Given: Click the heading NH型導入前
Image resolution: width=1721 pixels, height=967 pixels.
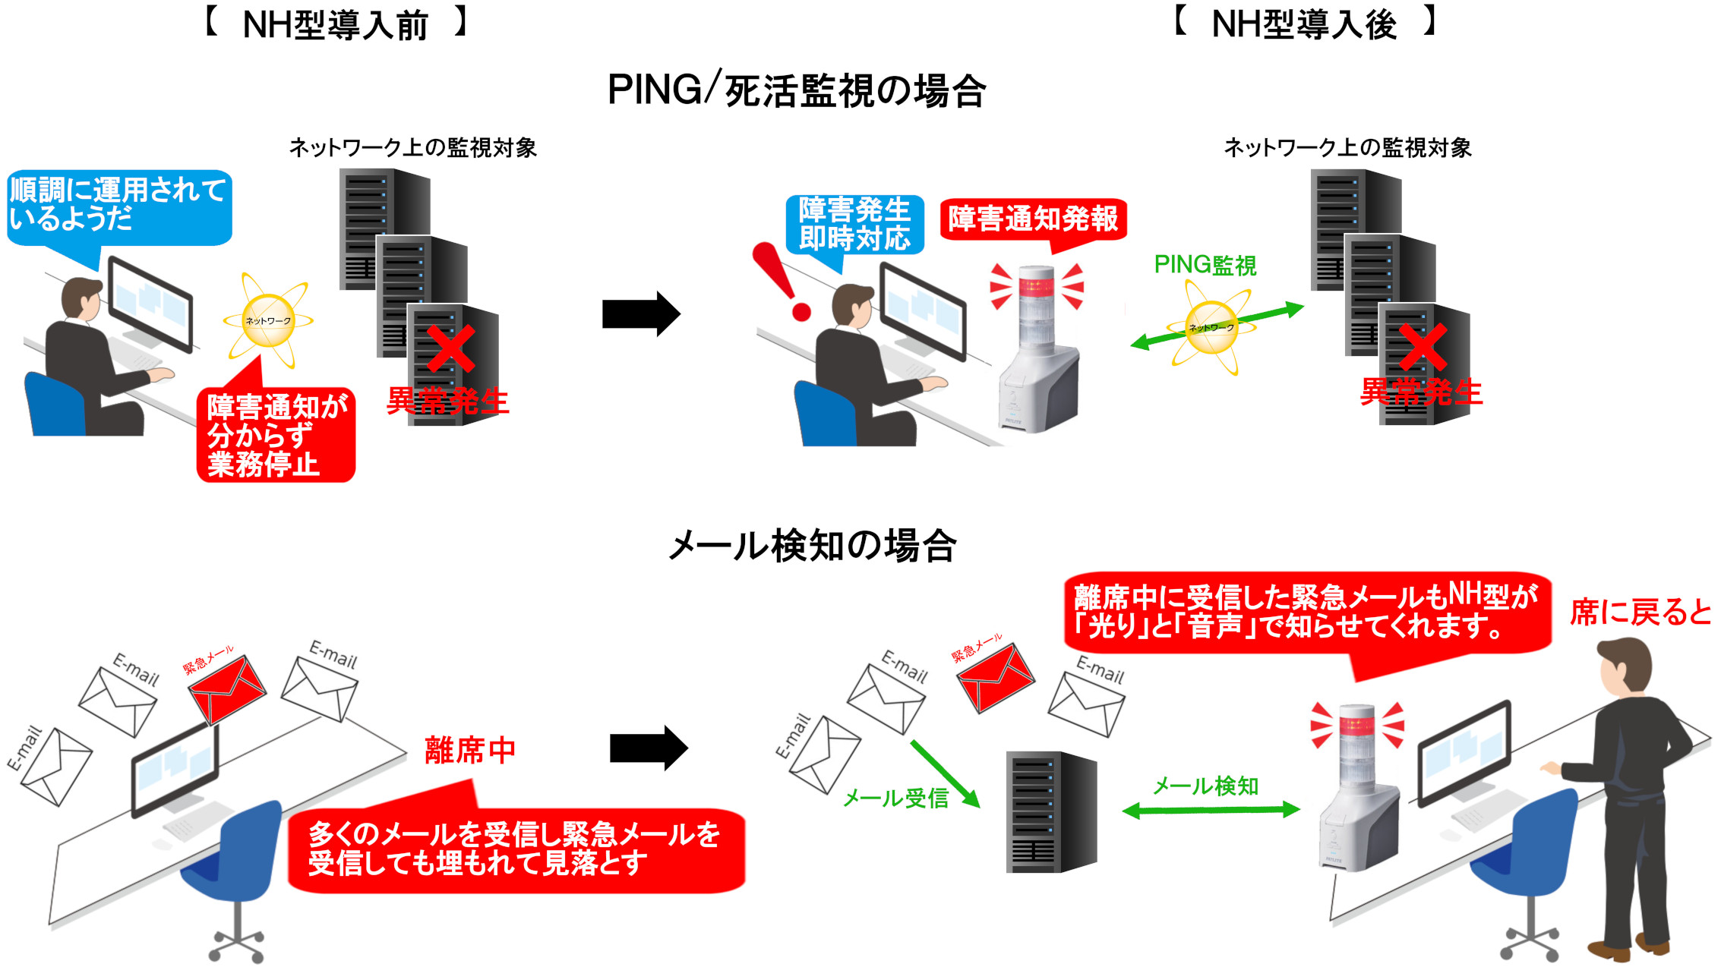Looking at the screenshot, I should click(x=335, y=25).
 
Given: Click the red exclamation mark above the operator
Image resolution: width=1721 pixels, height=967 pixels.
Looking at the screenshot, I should click(x=781, y=281).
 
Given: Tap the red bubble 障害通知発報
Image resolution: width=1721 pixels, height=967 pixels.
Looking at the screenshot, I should click(x=1033, y=220).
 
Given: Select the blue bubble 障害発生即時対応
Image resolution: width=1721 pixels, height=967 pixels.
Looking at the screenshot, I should click(x=854, y=225).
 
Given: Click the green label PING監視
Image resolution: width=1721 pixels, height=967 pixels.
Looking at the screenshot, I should click(x=1205, y=265).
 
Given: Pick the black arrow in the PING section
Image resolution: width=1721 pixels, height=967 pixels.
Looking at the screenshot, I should click(x=640, y=313).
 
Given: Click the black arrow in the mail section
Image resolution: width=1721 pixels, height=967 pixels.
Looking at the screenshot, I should click(x=648, y=748).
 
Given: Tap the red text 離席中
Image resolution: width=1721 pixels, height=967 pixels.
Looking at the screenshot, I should click(x=469, y=751).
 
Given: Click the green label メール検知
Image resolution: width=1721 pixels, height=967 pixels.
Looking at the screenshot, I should click(x=1206, y=786).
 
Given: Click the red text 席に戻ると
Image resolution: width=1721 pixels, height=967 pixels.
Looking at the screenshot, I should click(x=1640, y=613).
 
